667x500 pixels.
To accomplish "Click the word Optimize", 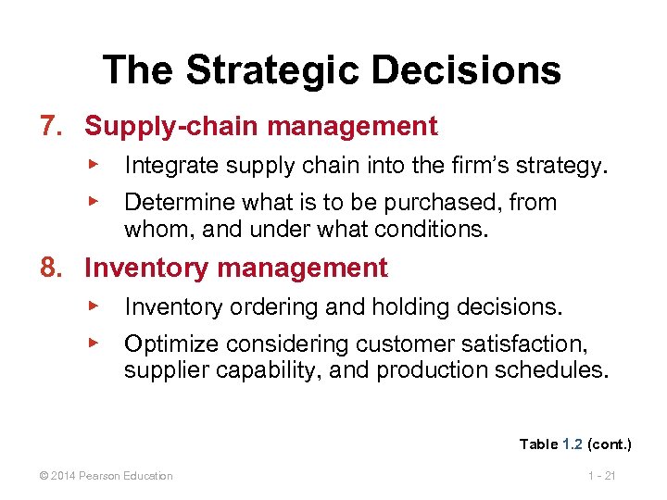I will (164, 345).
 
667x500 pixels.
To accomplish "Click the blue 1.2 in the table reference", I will (573, 444).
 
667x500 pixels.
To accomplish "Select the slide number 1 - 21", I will (601, 476).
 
